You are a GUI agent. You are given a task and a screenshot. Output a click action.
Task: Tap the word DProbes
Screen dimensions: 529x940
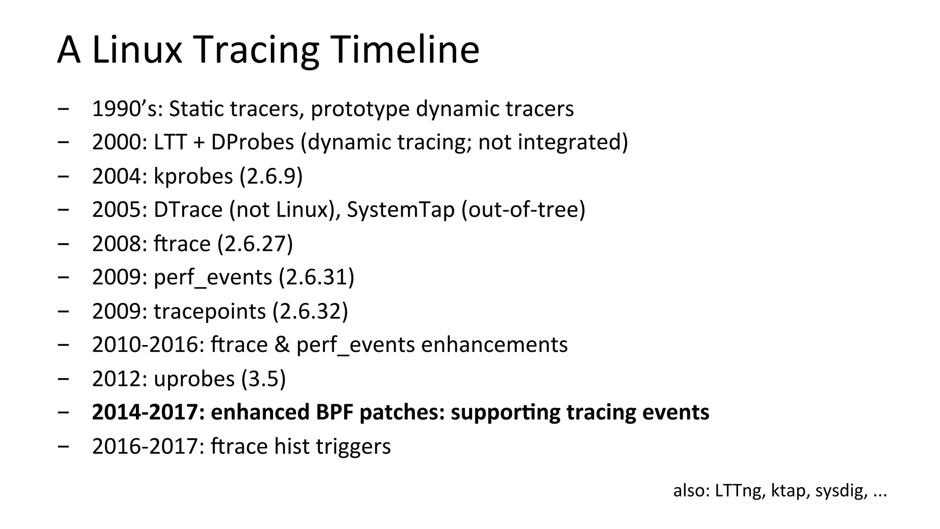[252, 143]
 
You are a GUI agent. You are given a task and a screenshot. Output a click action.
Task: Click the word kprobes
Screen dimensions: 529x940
[193, 177]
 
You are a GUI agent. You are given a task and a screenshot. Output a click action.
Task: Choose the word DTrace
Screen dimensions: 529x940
[188, 210]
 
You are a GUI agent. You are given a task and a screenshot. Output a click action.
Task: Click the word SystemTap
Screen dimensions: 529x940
[400, 210]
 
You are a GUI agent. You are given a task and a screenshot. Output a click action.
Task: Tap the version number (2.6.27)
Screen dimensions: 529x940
[255, 244]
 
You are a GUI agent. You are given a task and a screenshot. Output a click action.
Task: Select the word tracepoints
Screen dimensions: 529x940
[210, 312]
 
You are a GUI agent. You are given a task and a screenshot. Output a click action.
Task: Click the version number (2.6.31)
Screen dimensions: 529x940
[317, 278]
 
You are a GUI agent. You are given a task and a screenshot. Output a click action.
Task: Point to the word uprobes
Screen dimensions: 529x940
[194, 379]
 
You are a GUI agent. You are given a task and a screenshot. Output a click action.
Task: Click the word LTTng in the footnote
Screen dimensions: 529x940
[740, 491]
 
